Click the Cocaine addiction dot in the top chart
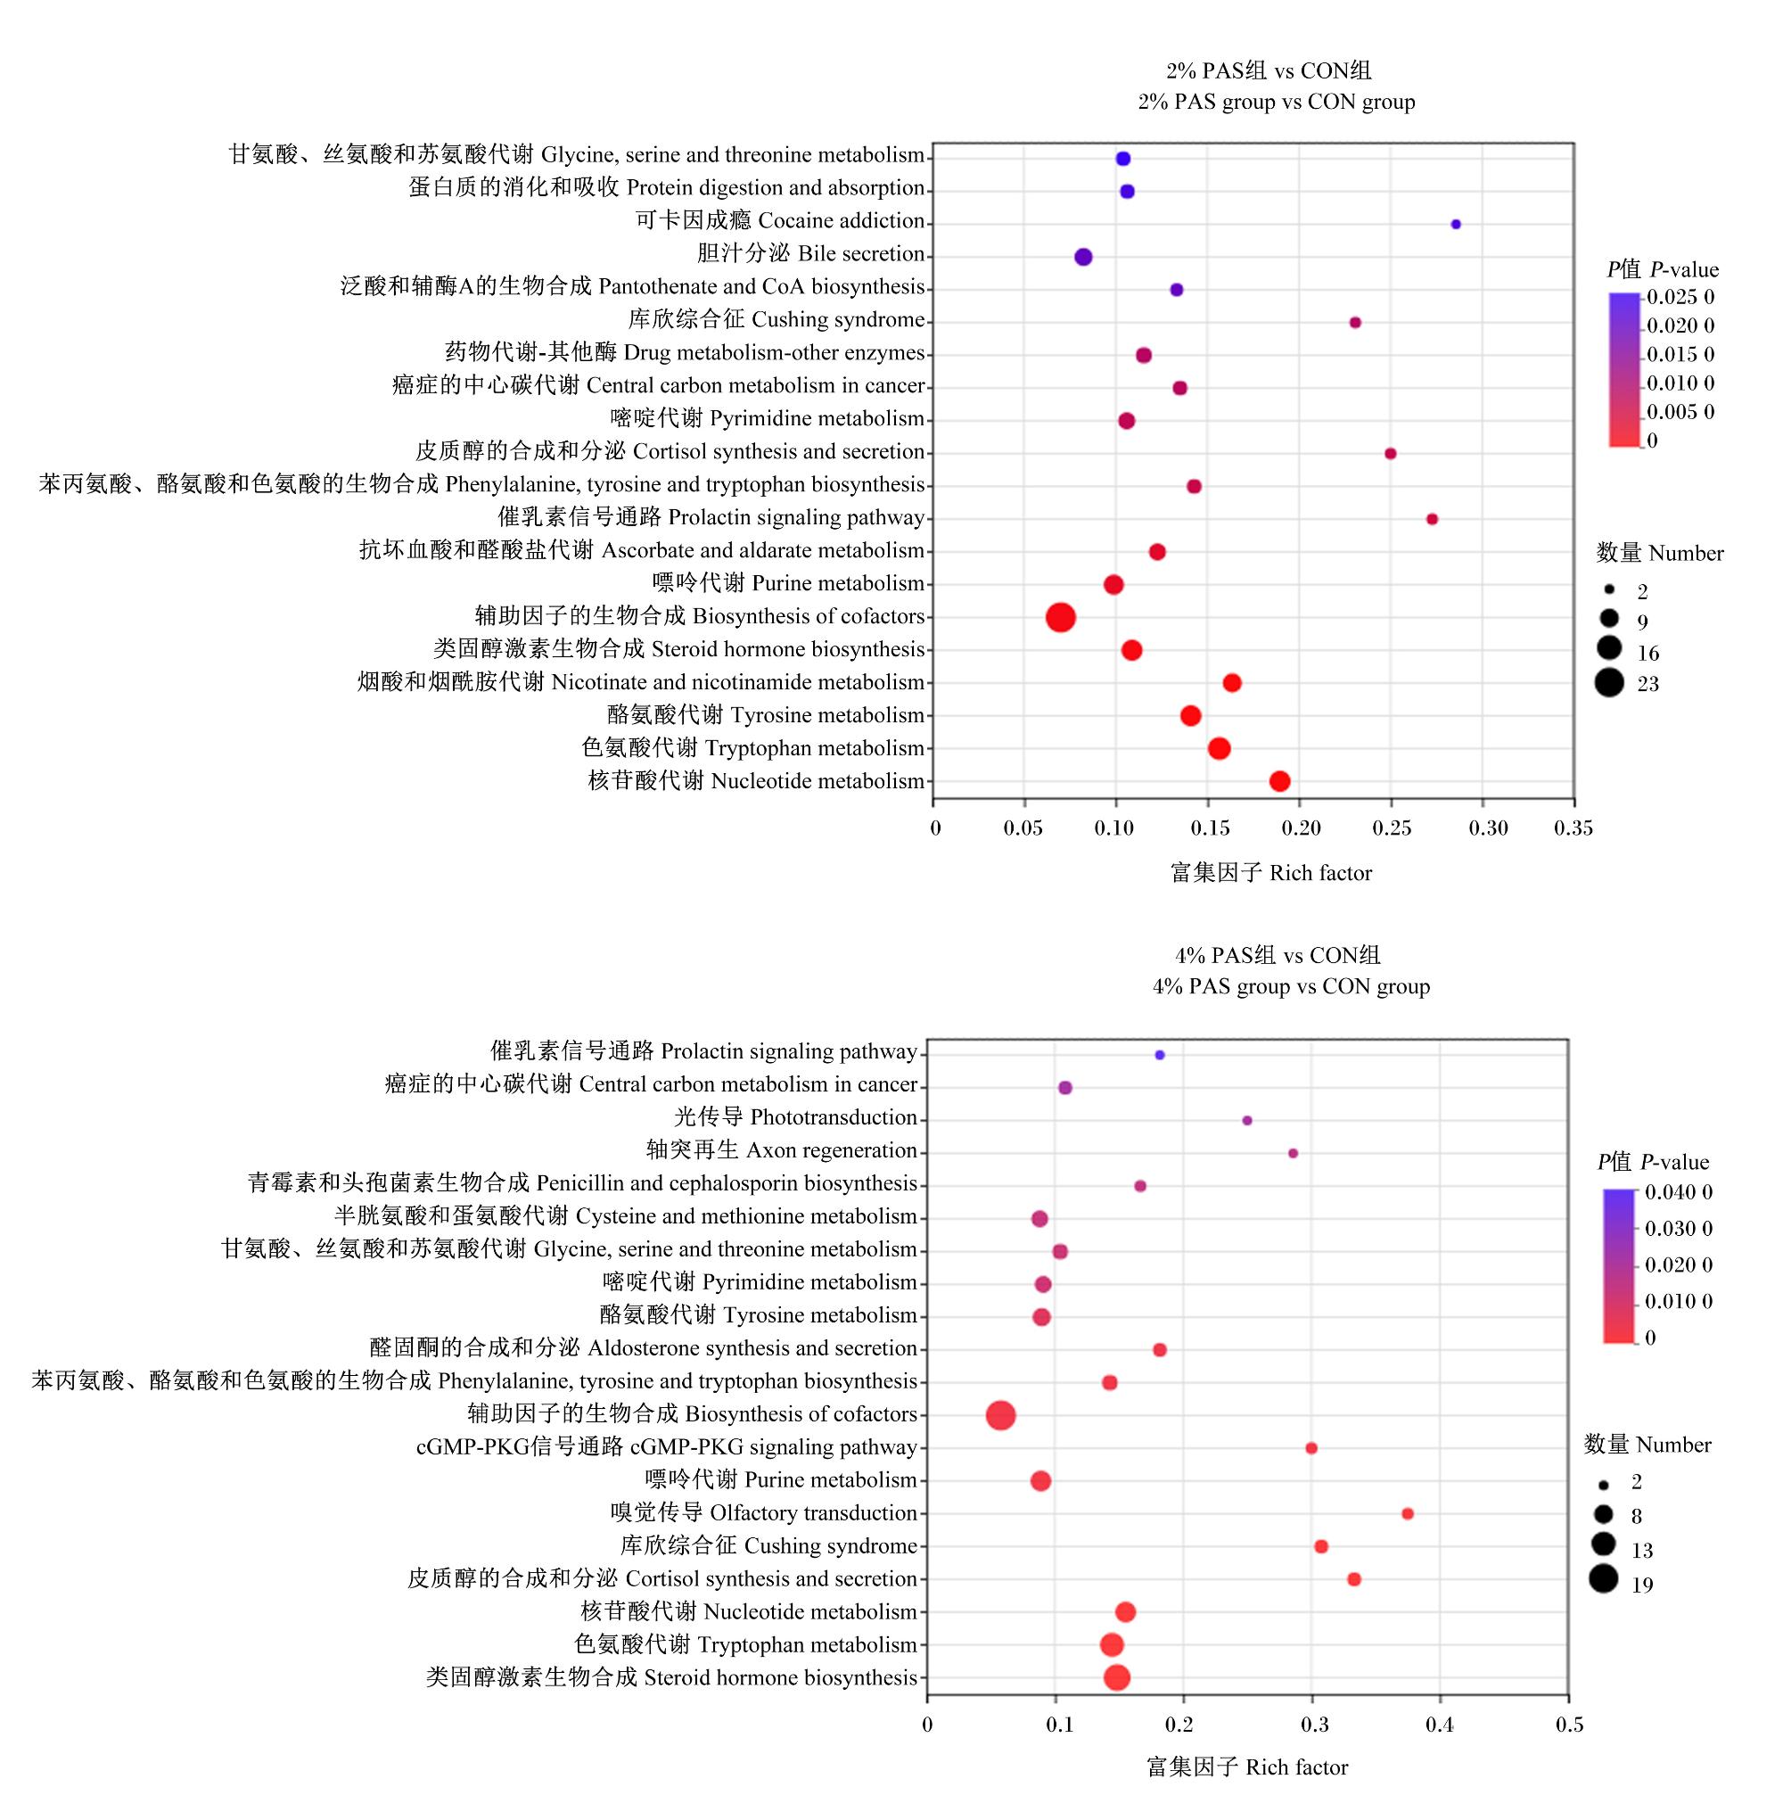point(1455,224)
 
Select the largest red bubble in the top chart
point(1060,617)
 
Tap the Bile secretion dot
point(1083,257)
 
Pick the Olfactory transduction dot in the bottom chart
point(1408,1514)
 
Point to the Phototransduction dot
point(1247,1120)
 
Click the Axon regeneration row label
point(782,1150)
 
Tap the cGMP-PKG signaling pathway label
point(667,1447)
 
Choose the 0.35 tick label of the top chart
point(1573,828)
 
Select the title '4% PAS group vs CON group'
point(1292,986)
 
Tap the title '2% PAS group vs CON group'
point(1277,101)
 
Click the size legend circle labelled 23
point(1610,683)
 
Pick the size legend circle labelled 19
point(1603,1579)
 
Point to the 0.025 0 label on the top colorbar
point(1681,297)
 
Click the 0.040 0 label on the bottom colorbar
point(1679,1192)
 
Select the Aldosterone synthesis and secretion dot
point(1159,1350)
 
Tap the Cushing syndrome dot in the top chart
point(1355,322)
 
